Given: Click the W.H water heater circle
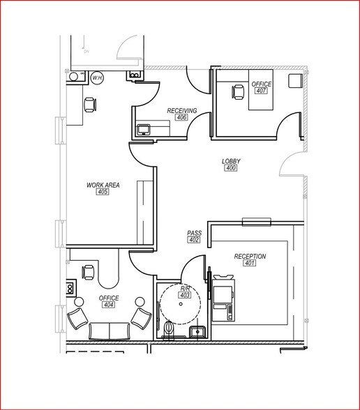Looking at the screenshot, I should point(96,78).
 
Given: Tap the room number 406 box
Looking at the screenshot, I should point(182,118).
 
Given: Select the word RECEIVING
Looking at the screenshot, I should point(181,110).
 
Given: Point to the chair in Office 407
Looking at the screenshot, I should point(237,89).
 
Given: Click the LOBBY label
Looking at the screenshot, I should point(230,161).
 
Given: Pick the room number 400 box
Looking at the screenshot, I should point(231,169).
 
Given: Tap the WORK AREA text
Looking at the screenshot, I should point(103,185).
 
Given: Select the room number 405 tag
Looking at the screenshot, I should point(103,192).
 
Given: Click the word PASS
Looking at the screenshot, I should point(194,233).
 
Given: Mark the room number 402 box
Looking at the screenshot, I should point(194,240).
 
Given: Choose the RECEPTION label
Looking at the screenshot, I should point(250,256).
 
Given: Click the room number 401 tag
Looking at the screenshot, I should point(250,264).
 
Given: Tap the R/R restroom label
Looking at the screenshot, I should point(185,287).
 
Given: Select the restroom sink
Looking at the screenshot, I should point(198,331).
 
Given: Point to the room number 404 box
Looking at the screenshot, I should point(109,305).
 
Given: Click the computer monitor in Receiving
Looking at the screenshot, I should point(145,129).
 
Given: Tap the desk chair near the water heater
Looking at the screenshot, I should point(89,105).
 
